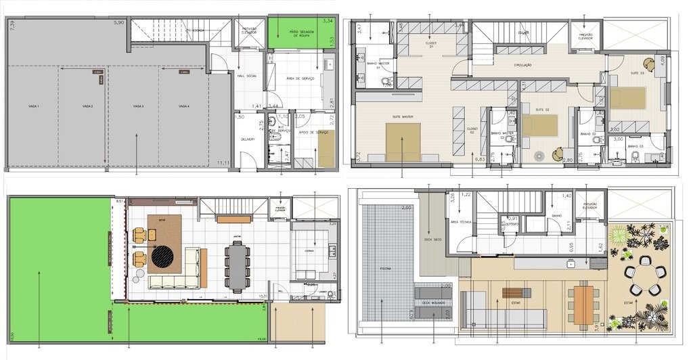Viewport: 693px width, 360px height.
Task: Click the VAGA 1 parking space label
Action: pyautogui.click(x=33, y=107)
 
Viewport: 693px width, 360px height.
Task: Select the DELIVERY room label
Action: pyautogui.click(x=247, y=140)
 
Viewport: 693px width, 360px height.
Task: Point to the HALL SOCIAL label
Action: pyautogui.click(x=246, y=76)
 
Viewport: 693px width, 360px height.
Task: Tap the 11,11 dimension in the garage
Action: pyautogui.click(x=223, y=163)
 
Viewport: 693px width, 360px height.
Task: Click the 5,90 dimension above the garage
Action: pyautogui.click(x=118, y=23)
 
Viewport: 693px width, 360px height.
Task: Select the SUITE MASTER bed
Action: pyautogui.click(x=403, y=141)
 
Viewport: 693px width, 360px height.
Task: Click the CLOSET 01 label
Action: pyautogui.click(x=431, y=43)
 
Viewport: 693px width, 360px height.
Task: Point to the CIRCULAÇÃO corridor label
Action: pyautogui.click(x=522, y=65)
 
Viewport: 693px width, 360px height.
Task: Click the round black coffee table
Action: pyautogui.click(x=162, y=256)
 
